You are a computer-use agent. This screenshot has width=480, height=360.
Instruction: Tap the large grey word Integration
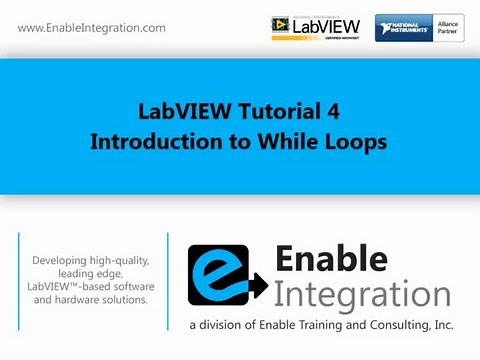point(361,295)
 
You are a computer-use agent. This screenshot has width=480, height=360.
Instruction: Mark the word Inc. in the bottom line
point(441,326)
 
